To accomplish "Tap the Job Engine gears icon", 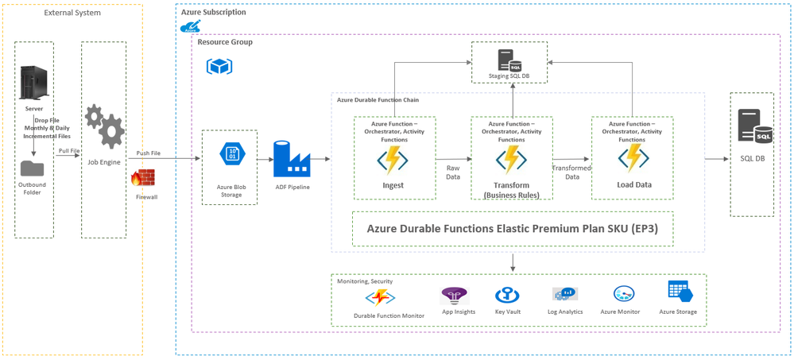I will (103, 126).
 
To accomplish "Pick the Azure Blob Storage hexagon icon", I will (230, 155).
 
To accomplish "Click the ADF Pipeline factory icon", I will (291, 160).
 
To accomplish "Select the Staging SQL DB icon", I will (509, 60).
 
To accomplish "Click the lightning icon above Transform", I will (511, 160).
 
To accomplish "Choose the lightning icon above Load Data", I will (633, 157).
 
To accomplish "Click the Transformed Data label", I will (572, 172).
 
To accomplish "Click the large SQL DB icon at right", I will (753, 128).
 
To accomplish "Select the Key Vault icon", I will (506, 296).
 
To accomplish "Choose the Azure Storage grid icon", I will (678, 292).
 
